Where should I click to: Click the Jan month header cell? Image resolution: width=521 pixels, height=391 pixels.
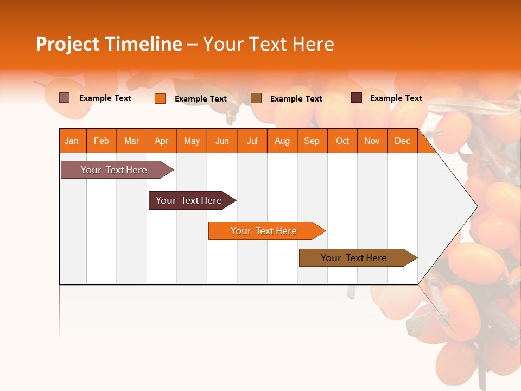point(72,141)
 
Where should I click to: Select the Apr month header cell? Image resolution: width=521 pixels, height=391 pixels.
point(162,141)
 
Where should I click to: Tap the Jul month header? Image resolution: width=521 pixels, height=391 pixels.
point(252,141)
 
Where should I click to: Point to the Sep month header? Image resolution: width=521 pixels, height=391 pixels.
point(312,141)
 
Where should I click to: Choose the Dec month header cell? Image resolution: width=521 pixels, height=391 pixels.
point(402,141)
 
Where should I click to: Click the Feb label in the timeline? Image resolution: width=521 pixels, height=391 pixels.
point(101,141)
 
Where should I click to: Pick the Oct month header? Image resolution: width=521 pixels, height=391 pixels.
point(342,141)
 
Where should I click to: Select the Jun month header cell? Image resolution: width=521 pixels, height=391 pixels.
point(222,141)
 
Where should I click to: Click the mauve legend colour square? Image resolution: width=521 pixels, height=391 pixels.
point(65,98)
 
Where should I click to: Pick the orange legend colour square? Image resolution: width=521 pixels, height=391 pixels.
point(160,98)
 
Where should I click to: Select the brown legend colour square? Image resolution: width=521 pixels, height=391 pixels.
point(256,98)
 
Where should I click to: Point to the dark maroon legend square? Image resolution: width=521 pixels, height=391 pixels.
point(357,98)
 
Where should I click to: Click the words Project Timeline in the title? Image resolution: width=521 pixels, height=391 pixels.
point(109,44)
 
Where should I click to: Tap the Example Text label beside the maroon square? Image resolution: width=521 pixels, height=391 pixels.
point(396,98)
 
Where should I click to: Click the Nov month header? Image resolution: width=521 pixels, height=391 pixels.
point(372,141)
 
